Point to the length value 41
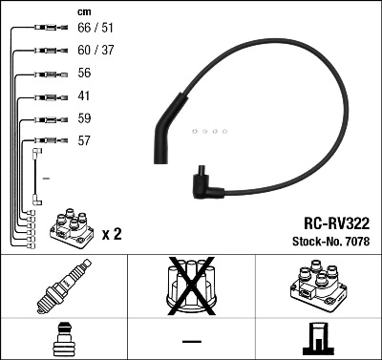[83, 96]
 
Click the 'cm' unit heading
[83, 11]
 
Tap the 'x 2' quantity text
[112, 233]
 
